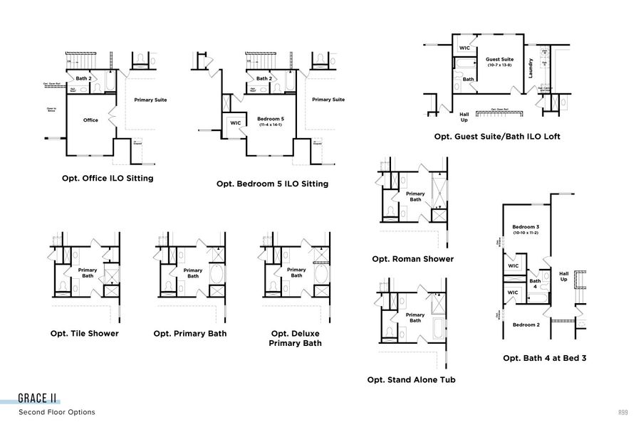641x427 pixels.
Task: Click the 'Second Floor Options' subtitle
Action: [x=57, y=412]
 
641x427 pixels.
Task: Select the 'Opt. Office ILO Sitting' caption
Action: [x=108, y=178]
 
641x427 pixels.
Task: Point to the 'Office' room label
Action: [x=90, y=120]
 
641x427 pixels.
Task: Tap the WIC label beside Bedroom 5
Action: [x=236, y=123]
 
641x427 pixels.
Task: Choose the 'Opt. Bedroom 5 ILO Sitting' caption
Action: [x=272, y=184]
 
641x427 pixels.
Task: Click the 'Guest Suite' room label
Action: [x=499, y=60]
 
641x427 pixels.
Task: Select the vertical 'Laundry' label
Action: [x=531, y=68]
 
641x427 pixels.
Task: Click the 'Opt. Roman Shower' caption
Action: [x=412, y=259]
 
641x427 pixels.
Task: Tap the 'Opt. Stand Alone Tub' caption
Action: [x=411, y=379]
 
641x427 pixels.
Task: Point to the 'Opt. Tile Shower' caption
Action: [x=85, y=333]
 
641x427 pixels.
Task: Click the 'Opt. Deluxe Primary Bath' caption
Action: [x=295, y=338]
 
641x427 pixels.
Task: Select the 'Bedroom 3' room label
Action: [x=526, y=227]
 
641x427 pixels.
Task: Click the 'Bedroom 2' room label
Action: [x=526, y=325]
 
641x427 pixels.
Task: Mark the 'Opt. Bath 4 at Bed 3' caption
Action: [x=544, y=358]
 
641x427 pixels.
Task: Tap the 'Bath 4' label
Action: [x=534, y=283]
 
